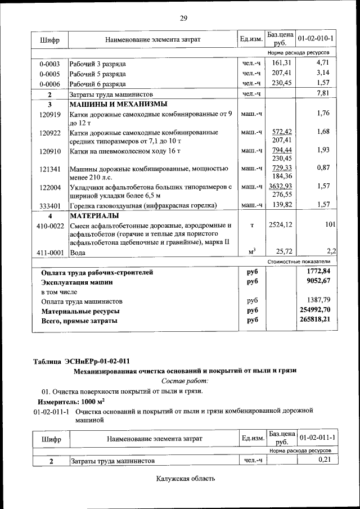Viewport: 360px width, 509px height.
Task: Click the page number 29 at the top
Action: (x=183, y=18)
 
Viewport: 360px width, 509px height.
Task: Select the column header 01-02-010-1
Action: (x=316, y=39)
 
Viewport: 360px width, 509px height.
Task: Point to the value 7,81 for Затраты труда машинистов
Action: (x=322, y=93)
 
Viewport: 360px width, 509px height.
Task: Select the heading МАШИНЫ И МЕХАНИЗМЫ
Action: (x=118, y=104)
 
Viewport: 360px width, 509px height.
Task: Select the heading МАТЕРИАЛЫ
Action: (x=94, y=215)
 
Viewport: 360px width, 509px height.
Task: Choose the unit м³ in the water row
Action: (x=252, y=251)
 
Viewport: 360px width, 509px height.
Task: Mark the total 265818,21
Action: (x=314, y=320)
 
